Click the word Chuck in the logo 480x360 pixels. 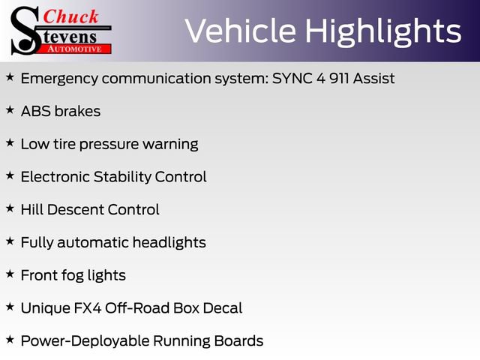click(x=70, y=16)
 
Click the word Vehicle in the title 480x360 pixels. click(x=241, y=31)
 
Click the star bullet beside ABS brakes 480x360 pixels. click(x=10, y=109)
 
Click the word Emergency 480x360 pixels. click(x=60, y=79)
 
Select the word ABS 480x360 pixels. click(x=36, y=111)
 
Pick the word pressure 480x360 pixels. click(x=109, y=145)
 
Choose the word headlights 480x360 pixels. click(x=169, y=243)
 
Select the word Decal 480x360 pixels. click(x=223, y=308)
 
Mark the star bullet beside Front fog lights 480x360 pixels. click(x=10, y=274)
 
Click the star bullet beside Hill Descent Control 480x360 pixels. click(x=10, y=208)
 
